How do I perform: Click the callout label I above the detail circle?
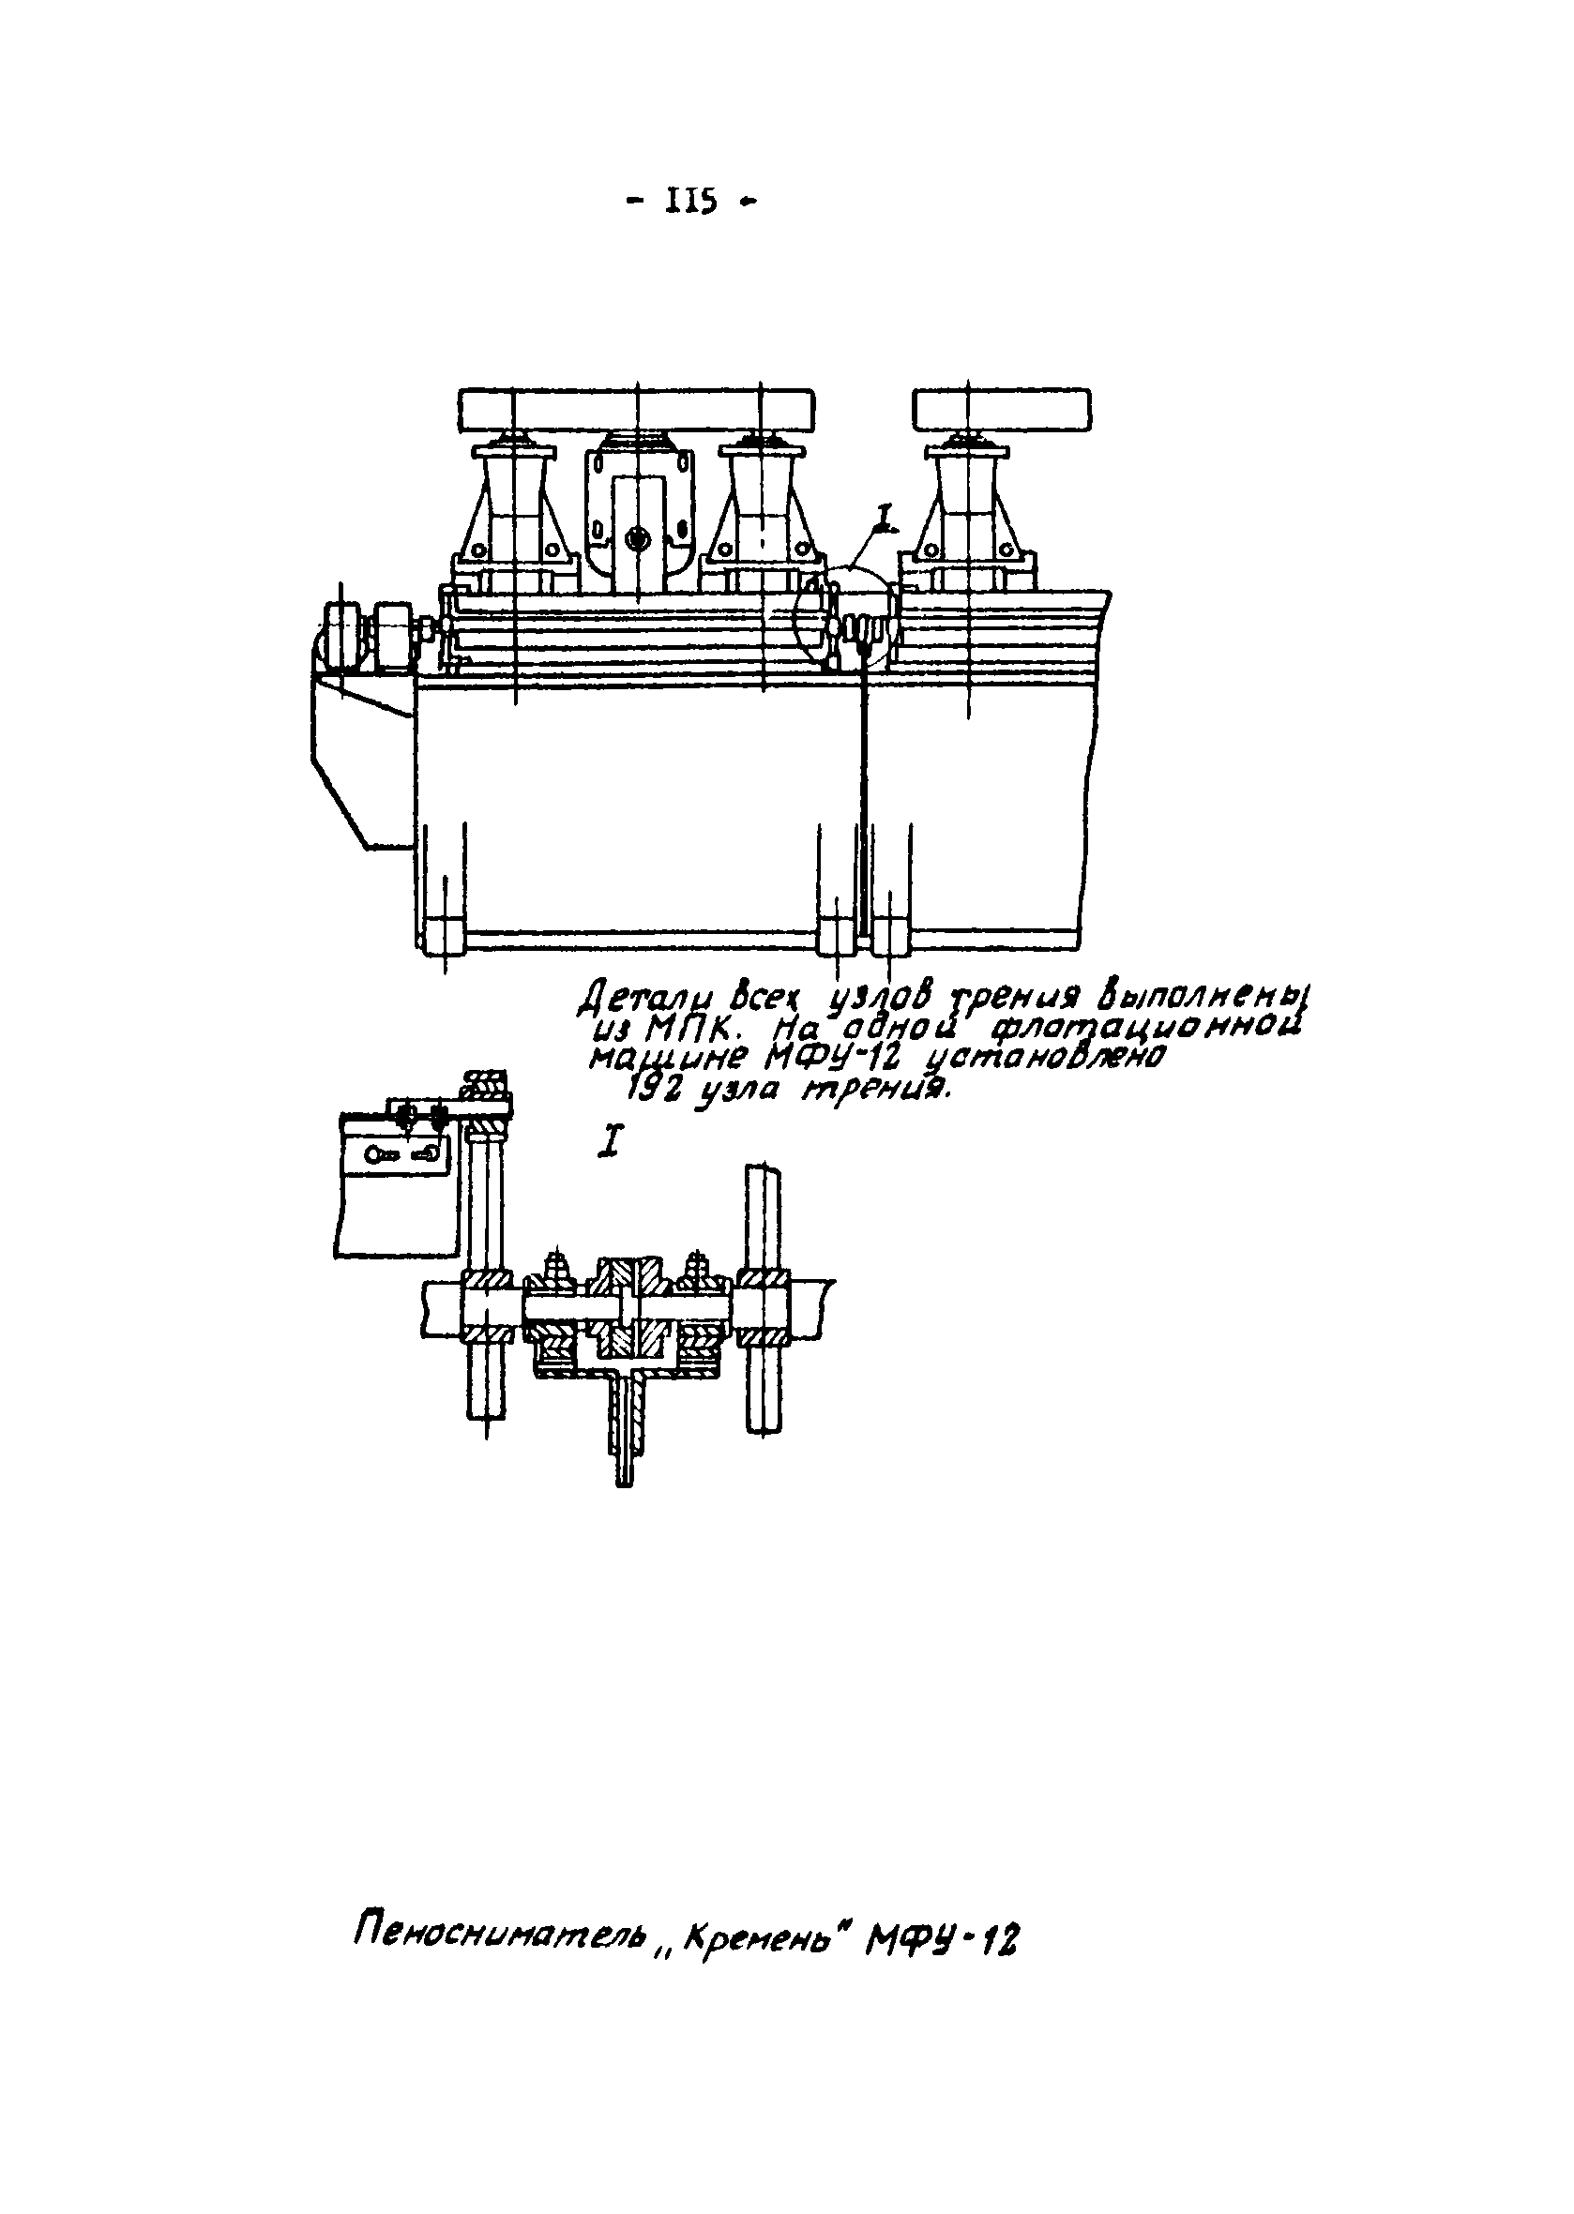point(884,520)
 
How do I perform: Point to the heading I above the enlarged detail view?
point(610,1142)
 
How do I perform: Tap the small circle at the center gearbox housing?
point(637,535)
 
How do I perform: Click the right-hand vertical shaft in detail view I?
point(764,1299)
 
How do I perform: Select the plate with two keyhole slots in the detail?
point(399,1154)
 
